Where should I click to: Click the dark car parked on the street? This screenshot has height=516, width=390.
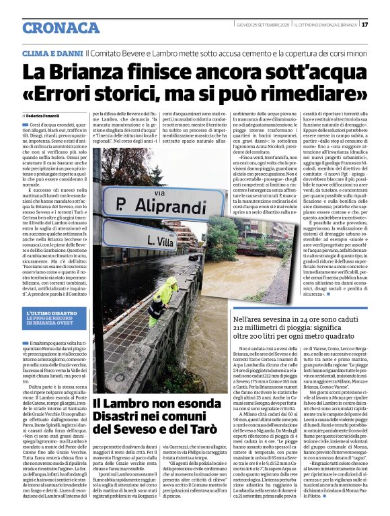pos(194,257)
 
